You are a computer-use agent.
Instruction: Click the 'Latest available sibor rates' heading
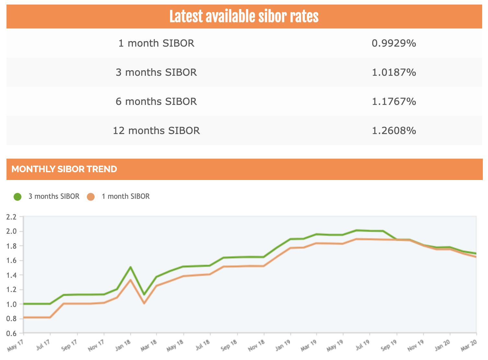[244, 17]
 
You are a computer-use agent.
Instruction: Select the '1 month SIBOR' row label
[156, 43]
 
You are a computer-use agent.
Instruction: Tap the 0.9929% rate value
[394, 43]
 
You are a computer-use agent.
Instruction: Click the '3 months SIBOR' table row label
[156, 72]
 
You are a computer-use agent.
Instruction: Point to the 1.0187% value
[394, 72]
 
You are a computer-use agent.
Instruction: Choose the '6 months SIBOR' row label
[156, 101]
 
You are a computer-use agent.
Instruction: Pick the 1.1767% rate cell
[394, 101]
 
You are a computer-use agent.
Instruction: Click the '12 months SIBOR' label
[156, 130]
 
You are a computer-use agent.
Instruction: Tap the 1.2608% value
[394, 130]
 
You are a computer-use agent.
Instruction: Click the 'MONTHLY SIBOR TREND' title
[64, 169]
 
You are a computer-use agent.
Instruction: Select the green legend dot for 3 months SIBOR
[17, 197]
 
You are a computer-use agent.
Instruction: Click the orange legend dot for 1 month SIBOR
[91, 197]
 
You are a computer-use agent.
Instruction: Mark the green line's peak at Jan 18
[130, 267]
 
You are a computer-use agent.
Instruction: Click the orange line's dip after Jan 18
[144, 303]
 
